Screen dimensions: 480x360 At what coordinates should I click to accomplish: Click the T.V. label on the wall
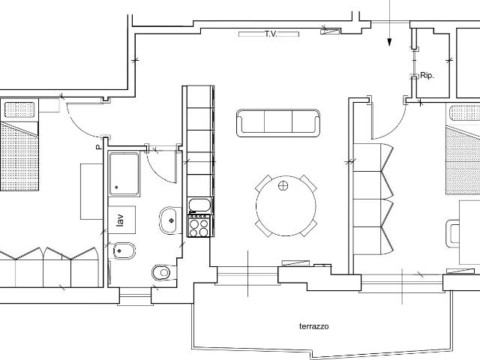271,34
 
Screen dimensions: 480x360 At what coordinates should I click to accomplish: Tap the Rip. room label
427,75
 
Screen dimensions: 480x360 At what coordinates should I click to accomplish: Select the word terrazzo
313,326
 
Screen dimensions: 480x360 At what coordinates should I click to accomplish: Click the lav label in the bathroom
120,220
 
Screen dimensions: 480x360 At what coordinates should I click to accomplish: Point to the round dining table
286,205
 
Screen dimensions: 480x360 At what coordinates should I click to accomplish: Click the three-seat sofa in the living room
278,123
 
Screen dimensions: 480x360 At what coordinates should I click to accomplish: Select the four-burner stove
199,226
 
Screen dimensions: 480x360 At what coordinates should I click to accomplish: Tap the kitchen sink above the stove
199,205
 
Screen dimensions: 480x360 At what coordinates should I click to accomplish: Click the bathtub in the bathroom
124,174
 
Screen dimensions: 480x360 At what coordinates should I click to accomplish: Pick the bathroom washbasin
168,220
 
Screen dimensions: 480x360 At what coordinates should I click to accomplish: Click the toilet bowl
162,272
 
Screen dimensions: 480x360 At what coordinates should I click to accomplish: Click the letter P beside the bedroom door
98,147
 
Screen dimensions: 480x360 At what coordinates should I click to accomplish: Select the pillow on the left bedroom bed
19,109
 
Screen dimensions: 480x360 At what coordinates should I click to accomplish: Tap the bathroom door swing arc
157,173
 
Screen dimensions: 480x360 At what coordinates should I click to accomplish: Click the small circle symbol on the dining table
283,185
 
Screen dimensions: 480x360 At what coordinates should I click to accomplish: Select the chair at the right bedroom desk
453,233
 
